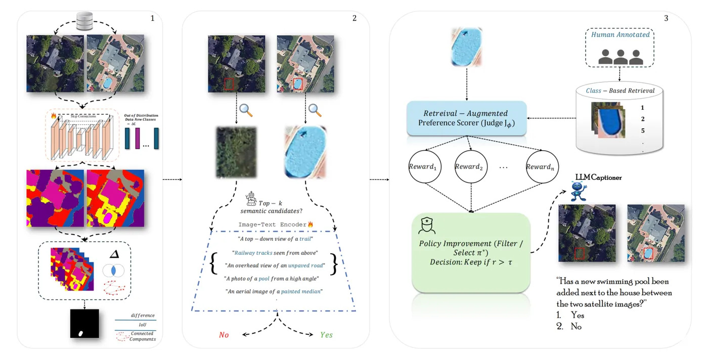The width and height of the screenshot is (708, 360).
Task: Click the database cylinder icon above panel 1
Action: pyautogui.click(x=84, y=22)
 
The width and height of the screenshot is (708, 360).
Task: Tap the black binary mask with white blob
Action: pyautogui.click(x=84, y=324)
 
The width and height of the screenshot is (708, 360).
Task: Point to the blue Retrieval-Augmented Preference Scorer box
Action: pyautogui.click(x=466, y=118)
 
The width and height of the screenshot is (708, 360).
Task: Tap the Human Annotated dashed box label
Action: pyautogui.click(x=620, y=35)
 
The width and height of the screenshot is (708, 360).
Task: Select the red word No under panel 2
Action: pyautogui.click(x=224, y=335)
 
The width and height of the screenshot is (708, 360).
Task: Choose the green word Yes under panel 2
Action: pyautogui.click(x=326, y=335)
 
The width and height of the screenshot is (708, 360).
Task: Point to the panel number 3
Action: pyautogui.click(x=666, y=18)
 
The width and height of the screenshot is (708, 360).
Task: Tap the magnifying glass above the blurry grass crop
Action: pyautogui.click(x=246, y=110)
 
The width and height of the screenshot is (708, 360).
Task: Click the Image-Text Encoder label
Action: pyautogui.click(x=275, y=224)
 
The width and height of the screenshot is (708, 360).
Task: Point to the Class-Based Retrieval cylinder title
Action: pyautogui.click(x=620, y=91)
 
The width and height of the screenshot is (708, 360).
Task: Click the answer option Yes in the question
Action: pyautogui.click(x=577, y=315)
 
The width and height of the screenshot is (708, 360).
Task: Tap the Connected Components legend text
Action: pyautogui.click(x=142, y=336)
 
